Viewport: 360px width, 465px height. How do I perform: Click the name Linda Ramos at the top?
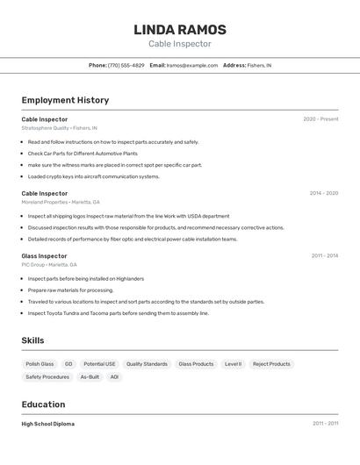click(179, 29)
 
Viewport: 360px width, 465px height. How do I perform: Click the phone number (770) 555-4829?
click(126, 65)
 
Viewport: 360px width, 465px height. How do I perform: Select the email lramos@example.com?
click(192, 65)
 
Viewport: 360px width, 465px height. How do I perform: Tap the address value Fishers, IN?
click(259, 65)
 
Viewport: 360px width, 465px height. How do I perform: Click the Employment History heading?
click(65, 100)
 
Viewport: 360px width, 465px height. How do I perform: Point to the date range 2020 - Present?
click(320, 119)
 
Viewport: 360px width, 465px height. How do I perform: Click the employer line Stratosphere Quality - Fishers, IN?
click(59, 128)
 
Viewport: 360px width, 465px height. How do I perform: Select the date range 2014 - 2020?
click(323, 193)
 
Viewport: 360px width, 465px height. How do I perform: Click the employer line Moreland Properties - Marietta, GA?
click(61, 202)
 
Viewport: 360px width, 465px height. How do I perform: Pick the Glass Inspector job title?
click(44, 256)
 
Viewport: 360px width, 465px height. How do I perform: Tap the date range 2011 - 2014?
click(324, 256)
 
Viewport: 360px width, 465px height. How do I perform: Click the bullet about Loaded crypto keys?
click(93, 176)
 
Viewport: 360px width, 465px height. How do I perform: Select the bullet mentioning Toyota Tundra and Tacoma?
click(118, 313)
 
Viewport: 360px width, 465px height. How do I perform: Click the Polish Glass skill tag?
click(40, 364)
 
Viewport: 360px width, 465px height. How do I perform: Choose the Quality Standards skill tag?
click(147, 364)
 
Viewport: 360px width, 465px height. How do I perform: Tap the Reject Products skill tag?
click(271, 364)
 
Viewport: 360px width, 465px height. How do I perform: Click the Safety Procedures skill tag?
click(47, 377)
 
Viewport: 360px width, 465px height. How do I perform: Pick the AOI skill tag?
click(114, 377)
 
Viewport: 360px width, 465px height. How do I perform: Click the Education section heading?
click(43, 404)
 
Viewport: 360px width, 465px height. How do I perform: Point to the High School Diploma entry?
click(47, 424)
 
